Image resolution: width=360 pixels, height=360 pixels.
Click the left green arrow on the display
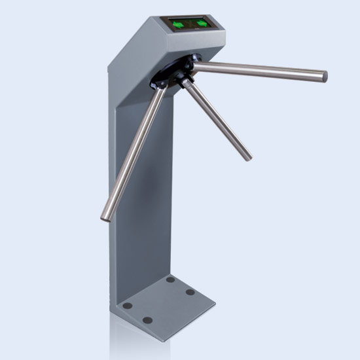pos(179,25)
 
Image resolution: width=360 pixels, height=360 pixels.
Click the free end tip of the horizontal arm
pos(323,76)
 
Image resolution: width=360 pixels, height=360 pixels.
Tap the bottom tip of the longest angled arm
pos(105,216)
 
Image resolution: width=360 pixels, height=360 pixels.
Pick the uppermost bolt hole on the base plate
pos(171,279)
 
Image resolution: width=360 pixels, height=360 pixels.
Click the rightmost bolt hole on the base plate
pos(190,292)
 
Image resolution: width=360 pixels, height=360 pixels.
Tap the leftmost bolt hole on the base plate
pos(128,306)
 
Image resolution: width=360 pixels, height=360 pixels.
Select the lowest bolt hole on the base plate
pos(148,320)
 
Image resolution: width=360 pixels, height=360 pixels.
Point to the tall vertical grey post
pos(134,196)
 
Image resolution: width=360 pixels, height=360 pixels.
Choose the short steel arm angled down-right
pos(216,118)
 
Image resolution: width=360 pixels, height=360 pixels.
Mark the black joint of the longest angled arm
pos(161,83)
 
